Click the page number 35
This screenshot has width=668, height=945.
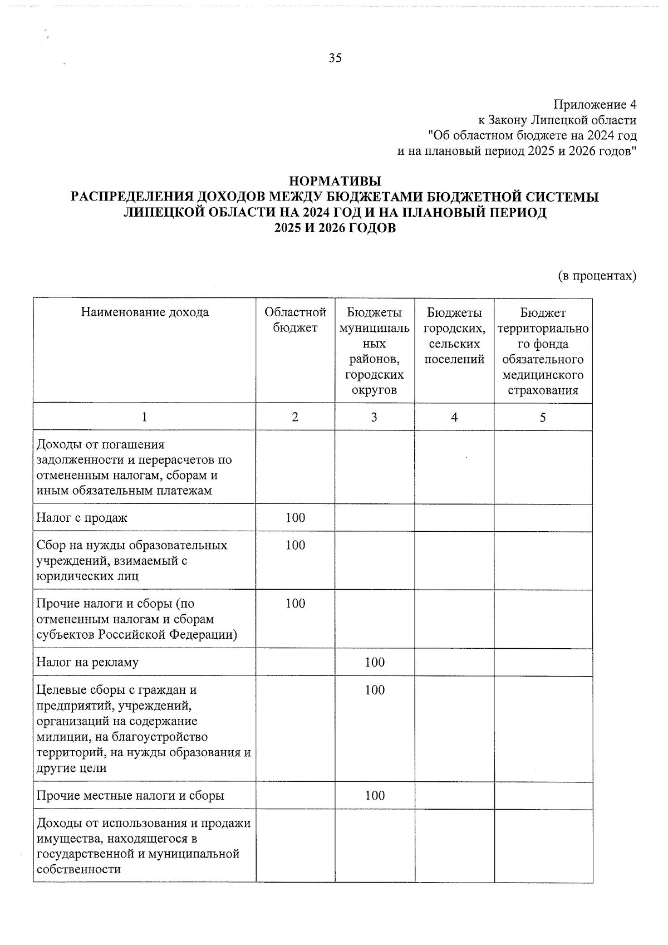[x=335, y=58]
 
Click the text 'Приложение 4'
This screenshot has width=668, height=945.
[x=594, y=105]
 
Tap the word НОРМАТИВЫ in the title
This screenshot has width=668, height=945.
[x=335, y=182]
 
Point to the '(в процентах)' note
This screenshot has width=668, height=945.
[x=597, y=276]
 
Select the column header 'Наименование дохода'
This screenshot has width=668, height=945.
[x=145, y=312]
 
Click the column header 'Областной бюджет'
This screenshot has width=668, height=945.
[x=295, y=320]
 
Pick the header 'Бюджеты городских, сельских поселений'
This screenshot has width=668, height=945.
[x=454, y=336]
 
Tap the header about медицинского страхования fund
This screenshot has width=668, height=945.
[x=543, y=351]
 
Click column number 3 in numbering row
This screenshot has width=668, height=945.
[x=374, y=417]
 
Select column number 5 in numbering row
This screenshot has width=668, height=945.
[x=543, y=417]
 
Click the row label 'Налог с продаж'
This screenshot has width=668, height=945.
[x=82, y=518]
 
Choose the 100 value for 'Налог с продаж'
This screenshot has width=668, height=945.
[x=295, y=518]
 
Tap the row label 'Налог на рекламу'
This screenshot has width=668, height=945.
[x=87, y=662]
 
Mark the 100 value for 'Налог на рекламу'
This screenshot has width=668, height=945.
[x=375, y=662]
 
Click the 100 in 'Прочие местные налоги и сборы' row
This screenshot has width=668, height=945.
[x=375, y=796]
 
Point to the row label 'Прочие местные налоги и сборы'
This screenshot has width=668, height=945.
[x=130, y=796]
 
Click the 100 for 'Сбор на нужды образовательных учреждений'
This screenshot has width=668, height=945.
[x=295, y=545]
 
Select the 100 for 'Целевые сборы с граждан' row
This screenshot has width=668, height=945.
[x=375, y=690]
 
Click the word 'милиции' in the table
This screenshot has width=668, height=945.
[x=56, y=737]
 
